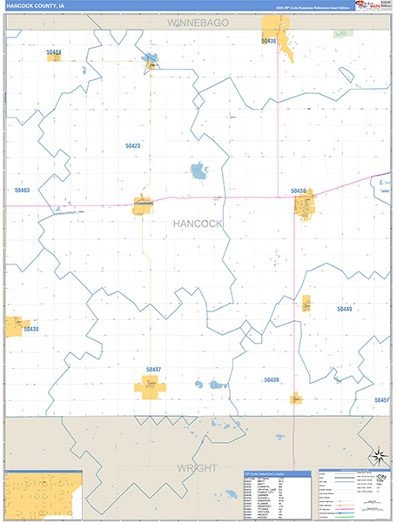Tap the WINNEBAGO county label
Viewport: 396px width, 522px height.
coord(198,21)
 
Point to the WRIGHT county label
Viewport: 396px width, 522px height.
coord(198,467)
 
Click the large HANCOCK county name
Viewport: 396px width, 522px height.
coord(198,224)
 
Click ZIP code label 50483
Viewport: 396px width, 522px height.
coord(22,190)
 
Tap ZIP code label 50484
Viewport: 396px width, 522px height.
coord(54,52)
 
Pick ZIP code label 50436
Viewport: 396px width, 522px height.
coord(269,41)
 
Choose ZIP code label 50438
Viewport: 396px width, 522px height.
coord(299,191)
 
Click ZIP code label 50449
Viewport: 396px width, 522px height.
coord(345,309)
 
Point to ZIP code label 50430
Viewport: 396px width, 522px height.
coord(31,329)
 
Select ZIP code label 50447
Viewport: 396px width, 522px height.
coord(154,369)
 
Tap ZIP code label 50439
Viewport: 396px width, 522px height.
coord(272,379)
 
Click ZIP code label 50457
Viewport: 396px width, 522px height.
coord(381,399)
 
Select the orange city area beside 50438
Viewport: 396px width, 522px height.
coord(304,207)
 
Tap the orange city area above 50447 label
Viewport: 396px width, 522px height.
coord(150,387)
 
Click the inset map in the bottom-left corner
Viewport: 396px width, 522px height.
coord(42,494)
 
